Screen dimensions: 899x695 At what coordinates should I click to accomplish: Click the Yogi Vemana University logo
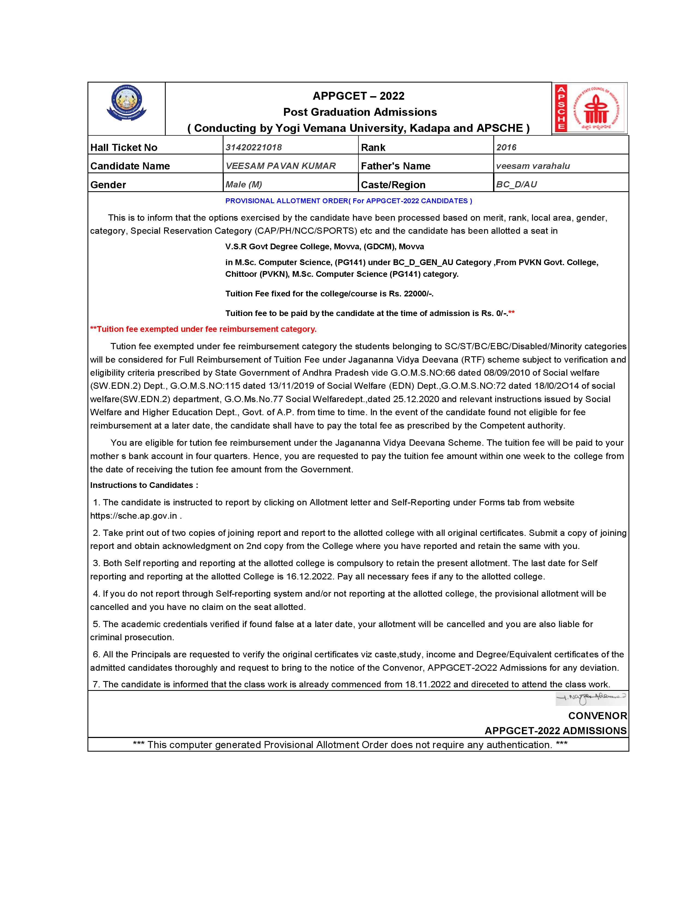click(x=126, y=103)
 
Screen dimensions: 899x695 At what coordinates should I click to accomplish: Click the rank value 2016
click(x=506, y=147)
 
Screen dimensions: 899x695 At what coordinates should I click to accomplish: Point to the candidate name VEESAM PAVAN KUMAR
click(x=280, y=166)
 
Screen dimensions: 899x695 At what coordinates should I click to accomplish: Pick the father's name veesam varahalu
click(x=533, y=166)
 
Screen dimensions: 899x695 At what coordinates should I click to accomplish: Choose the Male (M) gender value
click(x=244, y=184)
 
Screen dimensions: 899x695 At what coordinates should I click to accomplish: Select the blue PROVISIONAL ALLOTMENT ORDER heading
click(x=348, y=201)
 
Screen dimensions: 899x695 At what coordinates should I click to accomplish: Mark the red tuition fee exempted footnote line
click(x=203, y=329)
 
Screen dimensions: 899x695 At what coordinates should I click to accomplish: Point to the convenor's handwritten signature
click(x=591, y=697)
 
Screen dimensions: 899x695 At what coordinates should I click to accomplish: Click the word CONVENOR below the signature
click(x=597, y=716)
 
